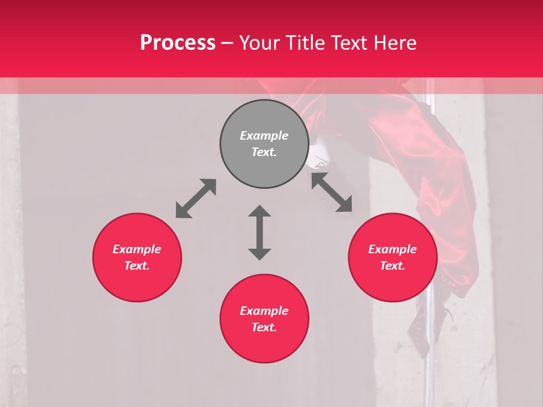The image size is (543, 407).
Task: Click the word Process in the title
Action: coord(178,43)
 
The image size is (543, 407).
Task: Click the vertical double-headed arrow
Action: coord(260,232)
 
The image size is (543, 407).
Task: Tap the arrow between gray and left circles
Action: coord(196,198)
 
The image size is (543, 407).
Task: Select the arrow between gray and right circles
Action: coord(331,192)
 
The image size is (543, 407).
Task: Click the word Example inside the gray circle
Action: coord(264,136)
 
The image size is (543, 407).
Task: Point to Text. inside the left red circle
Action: coord(137,266)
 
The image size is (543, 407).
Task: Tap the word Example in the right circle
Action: coord(393,249)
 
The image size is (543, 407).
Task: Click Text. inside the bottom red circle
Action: coord(264,327)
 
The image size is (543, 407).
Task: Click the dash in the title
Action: coord(227,44)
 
